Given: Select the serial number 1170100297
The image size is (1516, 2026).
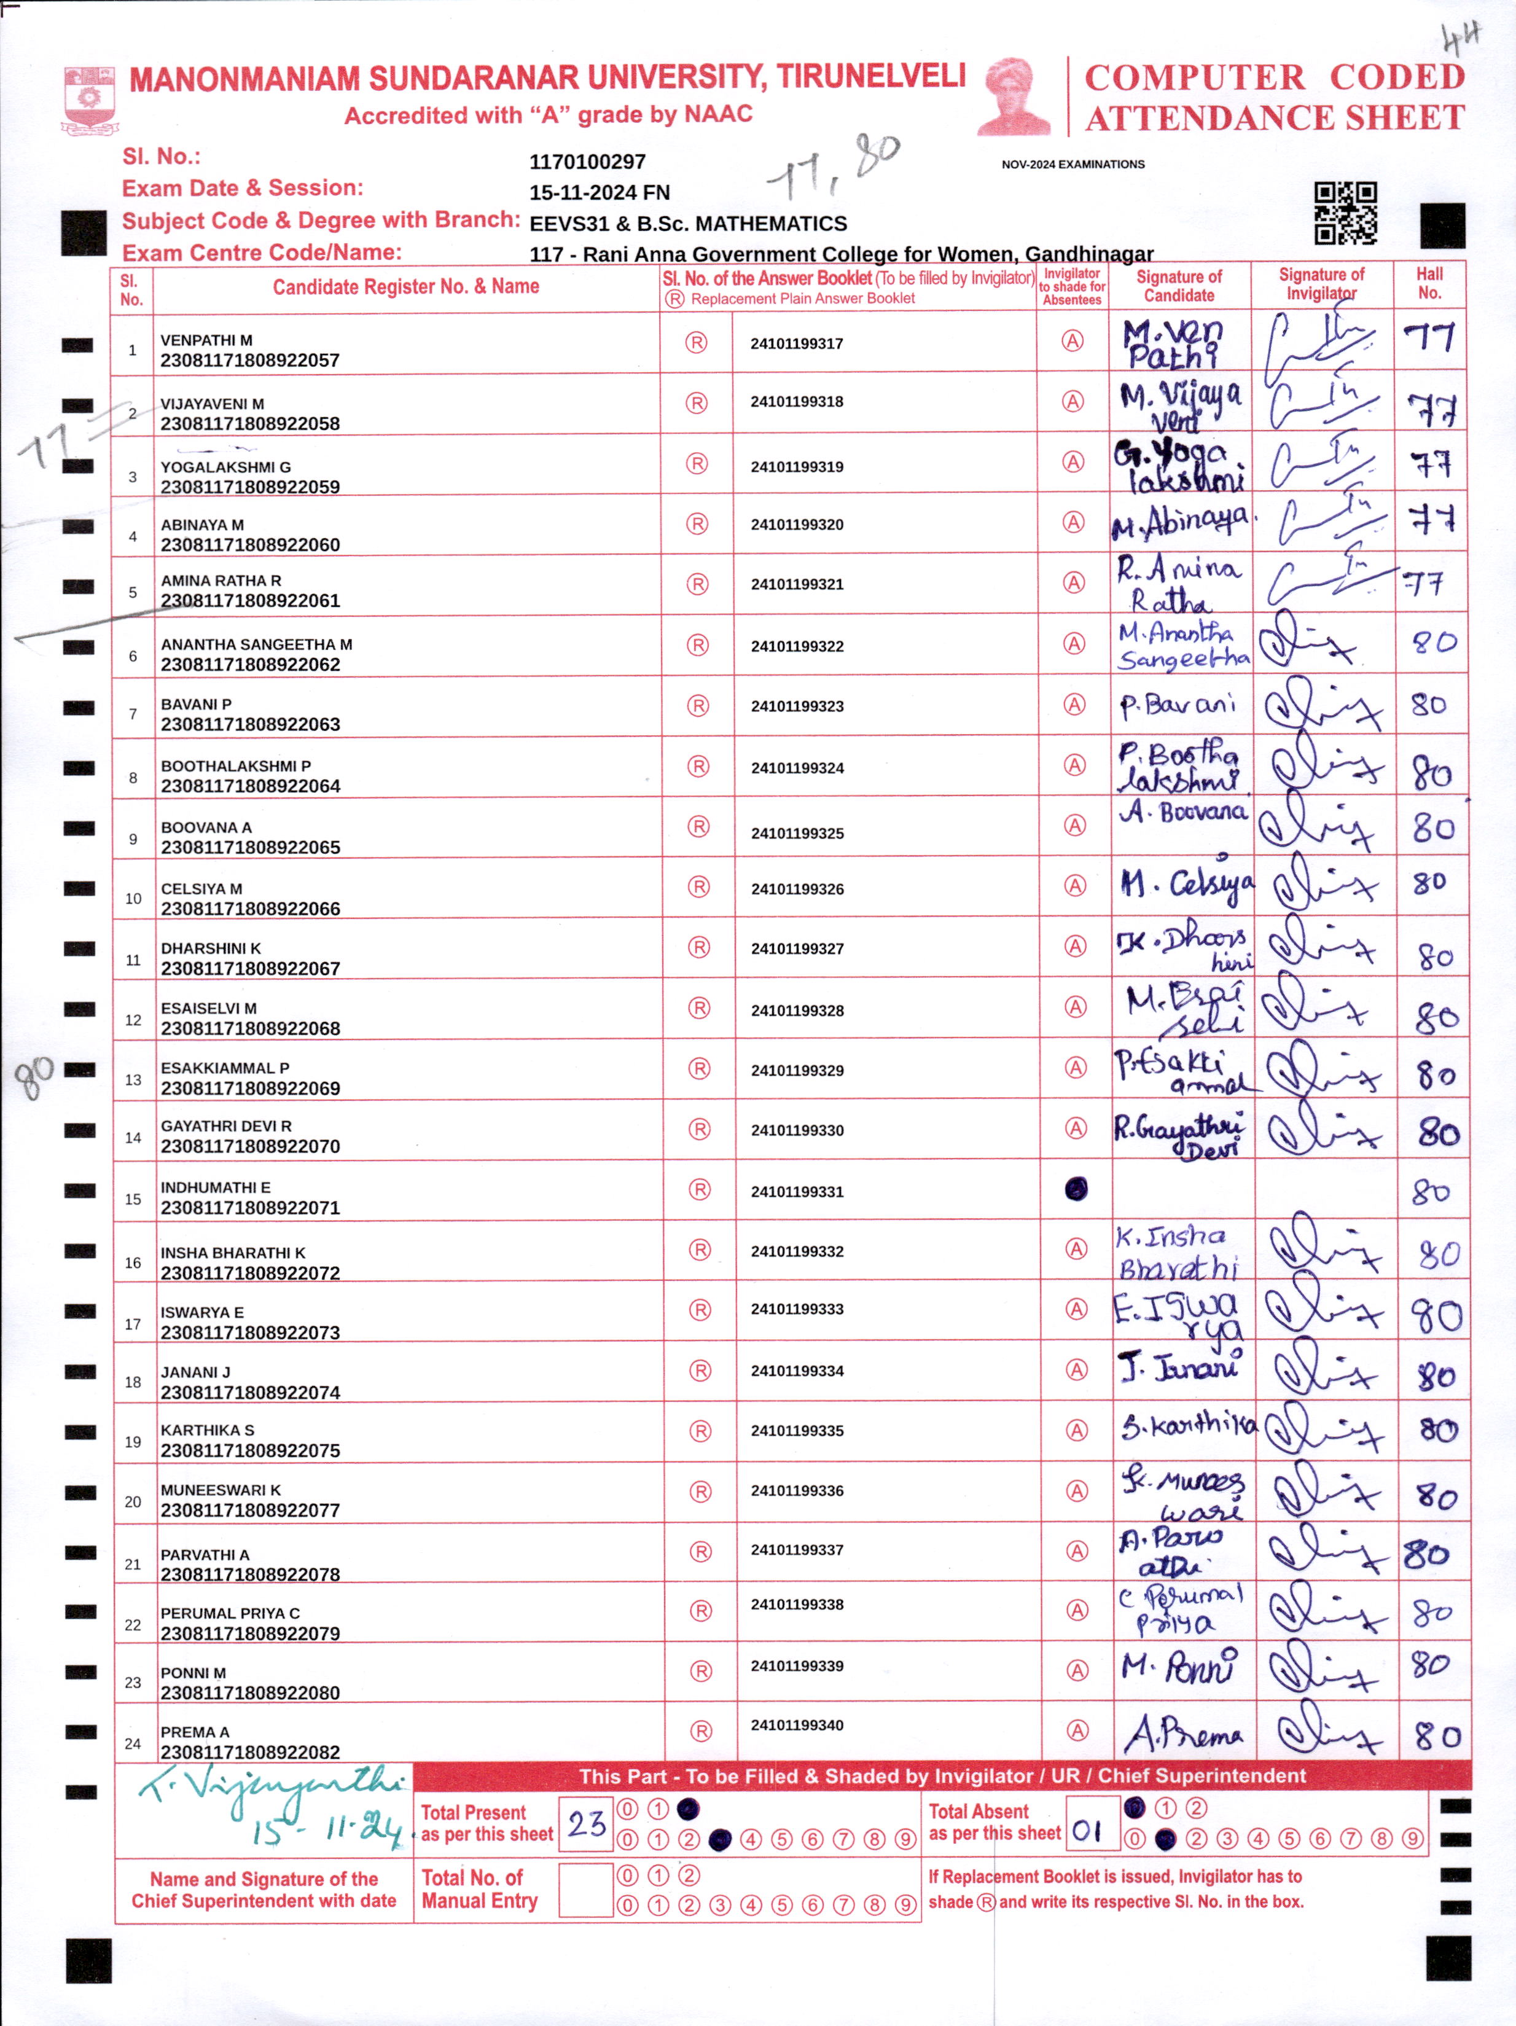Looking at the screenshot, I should (587, 162).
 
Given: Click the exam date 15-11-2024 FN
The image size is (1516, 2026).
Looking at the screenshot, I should (599, 192).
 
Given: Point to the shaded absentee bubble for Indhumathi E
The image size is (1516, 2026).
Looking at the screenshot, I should (1076, 1189).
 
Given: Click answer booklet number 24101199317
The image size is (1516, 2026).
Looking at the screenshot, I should (796, 343).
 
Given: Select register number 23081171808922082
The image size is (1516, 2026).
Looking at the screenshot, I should (250, 1751).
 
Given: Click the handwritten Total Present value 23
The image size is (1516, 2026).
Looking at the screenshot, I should (585, 1823).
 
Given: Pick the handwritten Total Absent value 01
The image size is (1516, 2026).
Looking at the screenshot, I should (1087, 1831).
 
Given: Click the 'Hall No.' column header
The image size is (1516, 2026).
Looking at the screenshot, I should (1429, 284).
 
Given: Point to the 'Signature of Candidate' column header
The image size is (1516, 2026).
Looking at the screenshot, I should (1179, 286).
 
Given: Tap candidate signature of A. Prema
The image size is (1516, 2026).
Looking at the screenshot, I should (1182, 1734).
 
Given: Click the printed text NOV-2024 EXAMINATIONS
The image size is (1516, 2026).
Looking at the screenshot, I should (1073, 165).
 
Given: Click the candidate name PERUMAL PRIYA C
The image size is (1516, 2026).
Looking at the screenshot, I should (230, 1613).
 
